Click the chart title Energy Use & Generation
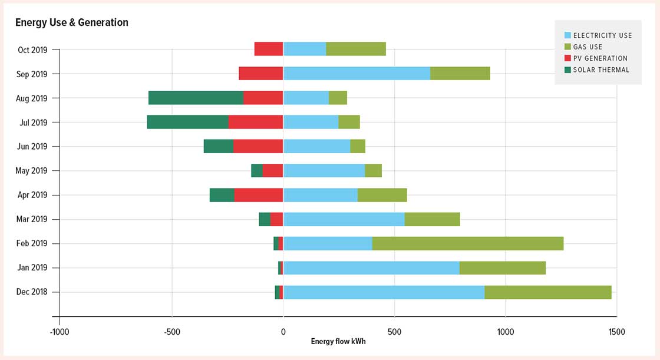tap(71, 22)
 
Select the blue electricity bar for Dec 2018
tap(384, 292)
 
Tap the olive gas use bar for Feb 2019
tap(467, 243)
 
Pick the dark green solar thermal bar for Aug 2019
tap(196, 98)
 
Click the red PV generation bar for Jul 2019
tap(256, 122)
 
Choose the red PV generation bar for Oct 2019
tap(269, 49)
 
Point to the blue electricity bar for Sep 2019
tap(357, 74)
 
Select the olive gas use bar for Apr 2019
tap(382, 195)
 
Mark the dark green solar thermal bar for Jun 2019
tap(218, 146)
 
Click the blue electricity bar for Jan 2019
tap(371, 267)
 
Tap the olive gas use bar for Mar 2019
tap(432, 219)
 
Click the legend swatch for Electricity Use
tap(567, 35)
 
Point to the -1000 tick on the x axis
tap(60, 332)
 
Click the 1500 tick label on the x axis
tap(616, 332)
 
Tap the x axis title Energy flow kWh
tap(338, 342)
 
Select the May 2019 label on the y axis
tap(31, 171)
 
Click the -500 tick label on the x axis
tap(171, 332)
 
